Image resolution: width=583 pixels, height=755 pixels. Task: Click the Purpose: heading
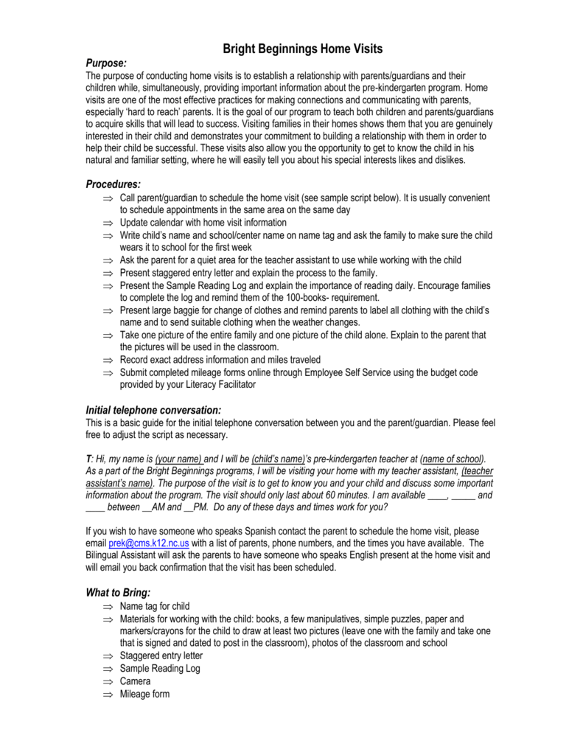(x=107, y=63)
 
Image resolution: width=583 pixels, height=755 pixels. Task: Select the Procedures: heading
(x=113, y=184)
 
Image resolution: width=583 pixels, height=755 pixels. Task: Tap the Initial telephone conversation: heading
(x=154, y=409)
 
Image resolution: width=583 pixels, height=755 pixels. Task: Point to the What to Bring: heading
(x=118, y=592)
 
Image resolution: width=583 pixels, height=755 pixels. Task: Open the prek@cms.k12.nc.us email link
(x=149, y=542)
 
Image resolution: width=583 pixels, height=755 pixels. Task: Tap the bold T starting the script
(x=88, y=458)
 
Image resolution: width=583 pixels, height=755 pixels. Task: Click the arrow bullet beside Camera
(x=108, y=682)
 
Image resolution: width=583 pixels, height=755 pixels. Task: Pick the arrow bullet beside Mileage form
(x=108, y=695)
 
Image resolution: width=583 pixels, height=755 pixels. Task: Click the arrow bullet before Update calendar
(x=108, y=223)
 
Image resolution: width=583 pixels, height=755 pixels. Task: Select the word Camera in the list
(x=135, y=681)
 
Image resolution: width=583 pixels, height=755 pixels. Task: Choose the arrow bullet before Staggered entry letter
(x=108, y=656)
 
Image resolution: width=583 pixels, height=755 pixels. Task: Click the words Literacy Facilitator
(x=221, y=385)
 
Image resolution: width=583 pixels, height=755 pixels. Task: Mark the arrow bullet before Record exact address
(x=108, y=361)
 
